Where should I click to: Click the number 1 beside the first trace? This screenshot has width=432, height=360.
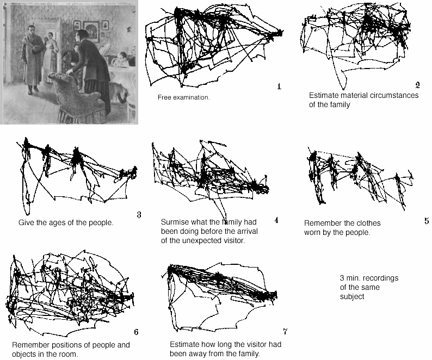point(279,86)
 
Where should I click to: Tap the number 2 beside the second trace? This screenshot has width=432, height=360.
point(417,84)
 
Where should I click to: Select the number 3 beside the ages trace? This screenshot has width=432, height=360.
point(139,215)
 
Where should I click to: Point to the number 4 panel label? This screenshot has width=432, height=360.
point(276,220)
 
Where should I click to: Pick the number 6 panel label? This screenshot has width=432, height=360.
point(135,332)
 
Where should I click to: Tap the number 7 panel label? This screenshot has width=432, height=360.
point(285,331)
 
